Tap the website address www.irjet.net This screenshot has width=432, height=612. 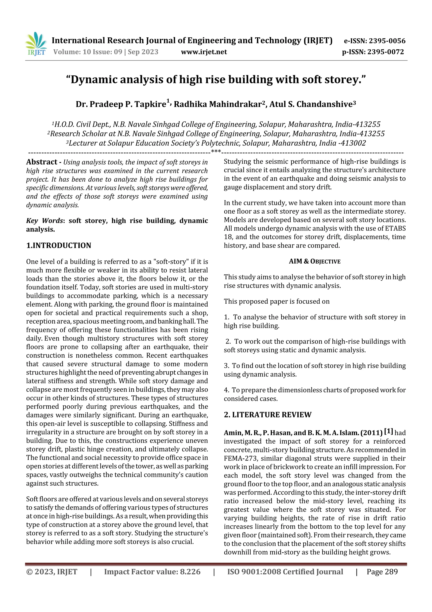click(x=204, y=52)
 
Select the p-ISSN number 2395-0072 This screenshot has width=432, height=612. click(x=385, y=52)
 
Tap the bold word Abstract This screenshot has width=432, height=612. click(x=42, y=162)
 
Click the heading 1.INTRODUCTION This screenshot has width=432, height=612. click(x=59, y=245)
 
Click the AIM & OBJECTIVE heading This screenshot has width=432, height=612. click(x=315, y=261)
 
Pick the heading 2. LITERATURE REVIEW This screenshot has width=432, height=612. click(x=267, y=414)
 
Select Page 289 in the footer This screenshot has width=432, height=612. click(x=382, y=571)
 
